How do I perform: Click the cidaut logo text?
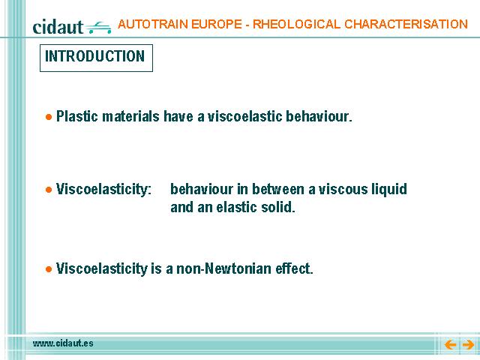(x=58, y=27)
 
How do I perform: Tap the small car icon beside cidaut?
(x=98, y=28)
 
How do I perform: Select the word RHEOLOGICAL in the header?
(x=296, y=24)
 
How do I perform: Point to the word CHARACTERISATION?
(x=406, y=24)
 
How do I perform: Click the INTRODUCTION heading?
(x=95, y=56)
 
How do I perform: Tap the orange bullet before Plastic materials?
(x=49, y=117)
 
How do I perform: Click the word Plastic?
(x=77, y=116)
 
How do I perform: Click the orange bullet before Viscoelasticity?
(x=49, y=190)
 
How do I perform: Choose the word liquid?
(x=389, y=190)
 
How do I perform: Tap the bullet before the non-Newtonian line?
(x=49, y=269)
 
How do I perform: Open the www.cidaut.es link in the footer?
(x=63, y=343)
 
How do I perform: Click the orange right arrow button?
(x=468, y=345)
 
